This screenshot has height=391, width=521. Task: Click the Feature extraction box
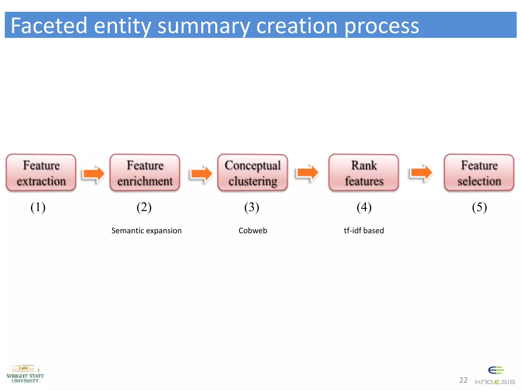(41, 173)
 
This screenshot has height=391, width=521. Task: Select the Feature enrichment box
(145, 173)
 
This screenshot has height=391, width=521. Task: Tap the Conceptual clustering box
(253, 173)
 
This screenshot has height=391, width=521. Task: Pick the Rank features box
(364, 173)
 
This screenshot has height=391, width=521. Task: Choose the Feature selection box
(479, 173)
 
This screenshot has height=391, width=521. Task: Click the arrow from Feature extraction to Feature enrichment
(94, 173)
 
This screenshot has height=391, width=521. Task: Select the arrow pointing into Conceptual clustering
(201, 173)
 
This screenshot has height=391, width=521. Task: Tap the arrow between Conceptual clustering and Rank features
(308, 173)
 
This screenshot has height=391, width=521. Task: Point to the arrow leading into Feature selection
(421, 173)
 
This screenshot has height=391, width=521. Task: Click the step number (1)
(38, 207)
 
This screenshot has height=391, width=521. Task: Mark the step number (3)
(252, 207)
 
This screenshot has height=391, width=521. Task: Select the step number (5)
(479, 207)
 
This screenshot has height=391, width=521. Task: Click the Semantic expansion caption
(147, 231)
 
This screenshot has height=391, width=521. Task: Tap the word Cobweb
(253, 231)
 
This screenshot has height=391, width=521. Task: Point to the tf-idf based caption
(364, 231)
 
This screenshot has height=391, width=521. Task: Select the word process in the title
(382, 26)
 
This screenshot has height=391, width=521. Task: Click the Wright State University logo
(25, 374)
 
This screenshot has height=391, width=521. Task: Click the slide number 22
(463, 380)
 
